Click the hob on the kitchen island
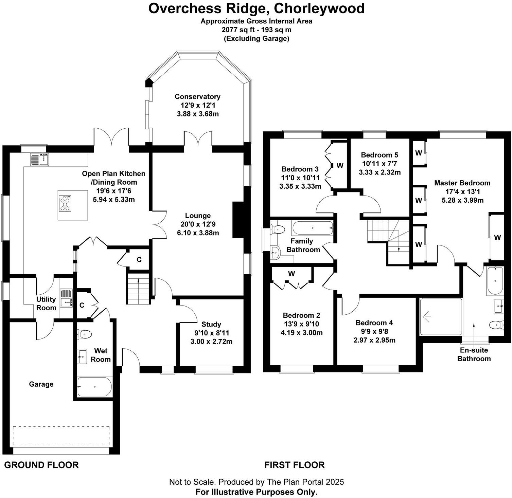click(x=65, y=203)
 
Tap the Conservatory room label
click(x=197, y=97)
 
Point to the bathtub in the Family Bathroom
click(x=312, y=228)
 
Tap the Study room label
click(x=211, y=324)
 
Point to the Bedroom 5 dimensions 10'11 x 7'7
click(x=379, y=164)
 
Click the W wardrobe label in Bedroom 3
click(x=340, y=166)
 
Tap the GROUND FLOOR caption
click(x=41, y=465)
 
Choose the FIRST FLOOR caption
click(x=294, y=465)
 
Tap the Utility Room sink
click(x=66, y=298)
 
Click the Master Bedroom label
click(x=462, y=183)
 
